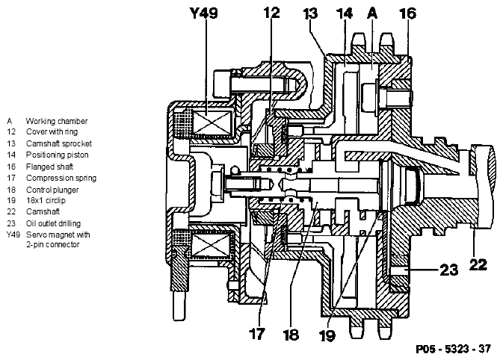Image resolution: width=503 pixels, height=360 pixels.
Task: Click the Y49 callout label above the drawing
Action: point(204,13)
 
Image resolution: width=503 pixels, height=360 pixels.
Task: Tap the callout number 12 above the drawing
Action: point(272,13)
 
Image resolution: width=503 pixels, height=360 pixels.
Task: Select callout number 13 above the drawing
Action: point(310,13)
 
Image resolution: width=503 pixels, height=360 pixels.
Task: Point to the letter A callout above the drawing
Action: point(372,13)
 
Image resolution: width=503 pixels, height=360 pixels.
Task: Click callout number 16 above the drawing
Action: point(407,13)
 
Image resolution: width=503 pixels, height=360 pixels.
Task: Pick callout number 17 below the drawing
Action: point(256,334)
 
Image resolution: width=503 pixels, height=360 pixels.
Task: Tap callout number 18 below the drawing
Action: point(291,335)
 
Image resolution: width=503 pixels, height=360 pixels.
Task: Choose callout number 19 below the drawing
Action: point(327,335)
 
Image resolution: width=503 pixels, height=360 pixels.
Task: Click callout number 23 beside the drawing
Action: point(448,270)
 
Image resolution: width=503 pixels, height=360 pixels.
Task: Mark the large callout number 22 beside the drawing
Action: point(478,265)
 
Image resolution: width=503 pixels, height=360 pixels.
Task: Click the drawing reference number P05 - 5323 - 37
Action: point(453,349)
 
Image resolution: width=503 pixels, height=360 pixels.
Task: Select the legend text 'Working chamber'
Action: point(57,121)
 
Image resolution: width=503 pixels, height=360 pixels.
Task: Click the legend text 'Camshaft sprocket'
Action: point(59,143)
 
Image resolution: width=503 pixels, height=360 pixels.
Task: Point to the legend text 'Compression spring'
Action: point(61,178)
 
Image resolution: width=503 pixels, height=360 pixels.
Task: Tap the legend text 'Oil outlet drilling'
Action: point(53,223)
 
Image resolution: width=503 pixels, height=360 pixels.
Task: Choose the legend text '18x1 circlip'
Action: point(46,201)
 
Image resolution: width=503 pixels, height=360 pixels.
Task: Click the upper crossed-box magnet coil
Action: point(212,122)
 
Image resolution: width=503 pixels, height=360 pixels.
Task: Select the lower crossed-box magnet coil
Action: point(210,246)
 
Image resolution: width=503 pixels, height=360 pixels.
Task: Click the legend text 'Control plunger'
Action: point(52,190)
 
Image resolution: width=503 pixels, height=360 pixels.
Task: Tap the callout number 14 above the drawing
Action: point(345,13)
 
